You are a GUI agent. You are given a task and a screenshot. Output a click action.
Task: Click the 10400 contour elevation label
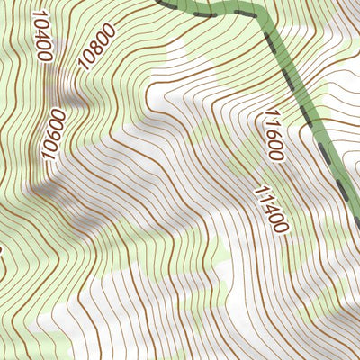click(40, 36)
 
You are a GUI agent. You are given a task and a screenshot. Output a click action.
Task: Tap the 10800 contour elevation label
click(96, 49)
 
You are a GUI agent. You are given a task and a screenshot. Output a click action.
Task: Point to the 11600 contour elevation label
click(273, 135)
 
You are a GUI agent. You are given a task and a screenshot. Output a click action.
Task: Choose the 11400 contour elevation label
click(271, 209)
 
